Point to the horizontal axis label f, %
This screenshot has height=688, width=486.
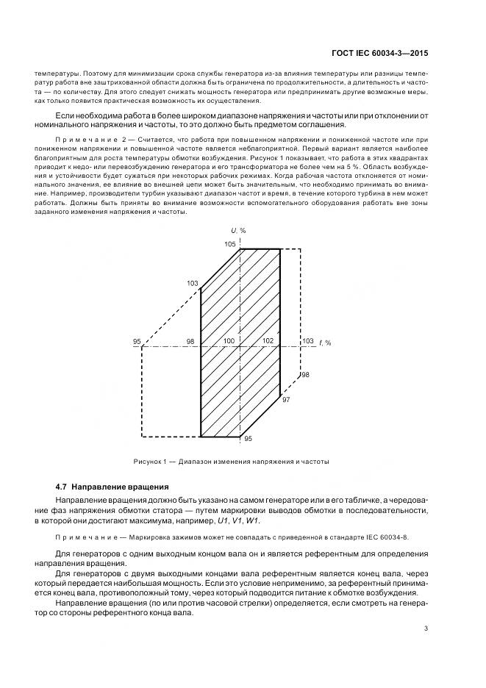[325, 342]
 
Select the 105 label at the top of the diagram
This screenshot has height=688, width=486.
[231, 244]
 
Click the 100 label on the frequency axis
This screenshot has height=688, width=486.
[229, 341]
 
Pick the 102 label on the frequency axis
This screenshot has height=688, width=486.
[267, 341]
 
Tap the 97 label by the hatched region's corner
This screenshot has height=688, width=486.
[286, 399]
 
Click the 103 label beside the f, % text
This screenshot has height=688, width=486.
[307, 341]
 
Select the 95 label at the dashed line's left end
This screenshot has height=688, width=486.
[137, 342]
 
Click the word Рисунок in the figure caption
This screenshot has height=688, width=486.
[149, 462]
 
